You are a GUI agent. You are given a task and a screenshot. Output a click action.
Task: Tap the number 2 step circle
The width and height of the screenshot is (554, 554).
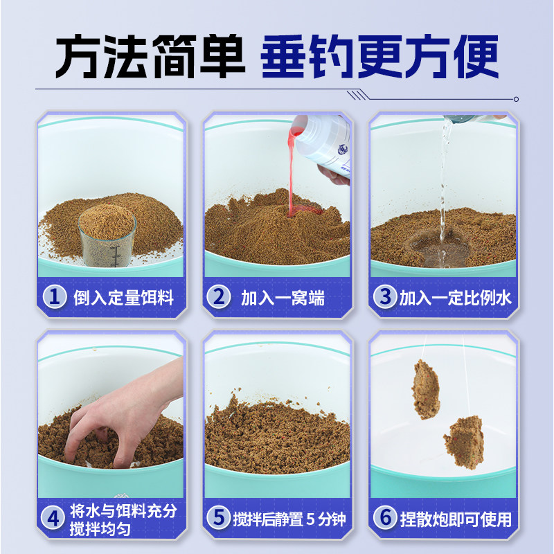[219, 298]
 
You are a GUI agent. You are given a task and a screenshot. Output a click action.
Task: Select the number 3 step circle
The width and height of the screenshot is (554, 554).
[383, 298]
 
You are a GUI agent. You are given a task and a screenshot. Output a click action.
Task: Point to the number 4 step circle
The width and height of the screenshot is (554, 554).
[55, 518]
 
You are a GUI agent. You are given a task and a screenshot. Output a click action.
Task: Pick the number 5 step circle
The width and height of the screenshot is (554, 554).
[219, 518]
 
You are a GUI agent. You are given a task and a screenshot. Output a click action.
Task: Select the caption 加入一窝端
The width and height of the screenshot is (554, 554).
[283, 298]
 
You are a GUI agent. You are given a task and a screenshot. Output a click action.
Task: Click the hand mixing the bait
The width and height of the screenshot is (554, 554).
[118, 415]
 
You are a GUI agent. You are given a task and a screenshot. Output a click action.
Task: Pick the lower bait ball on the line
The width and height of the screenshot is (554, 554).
[463, 441]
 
